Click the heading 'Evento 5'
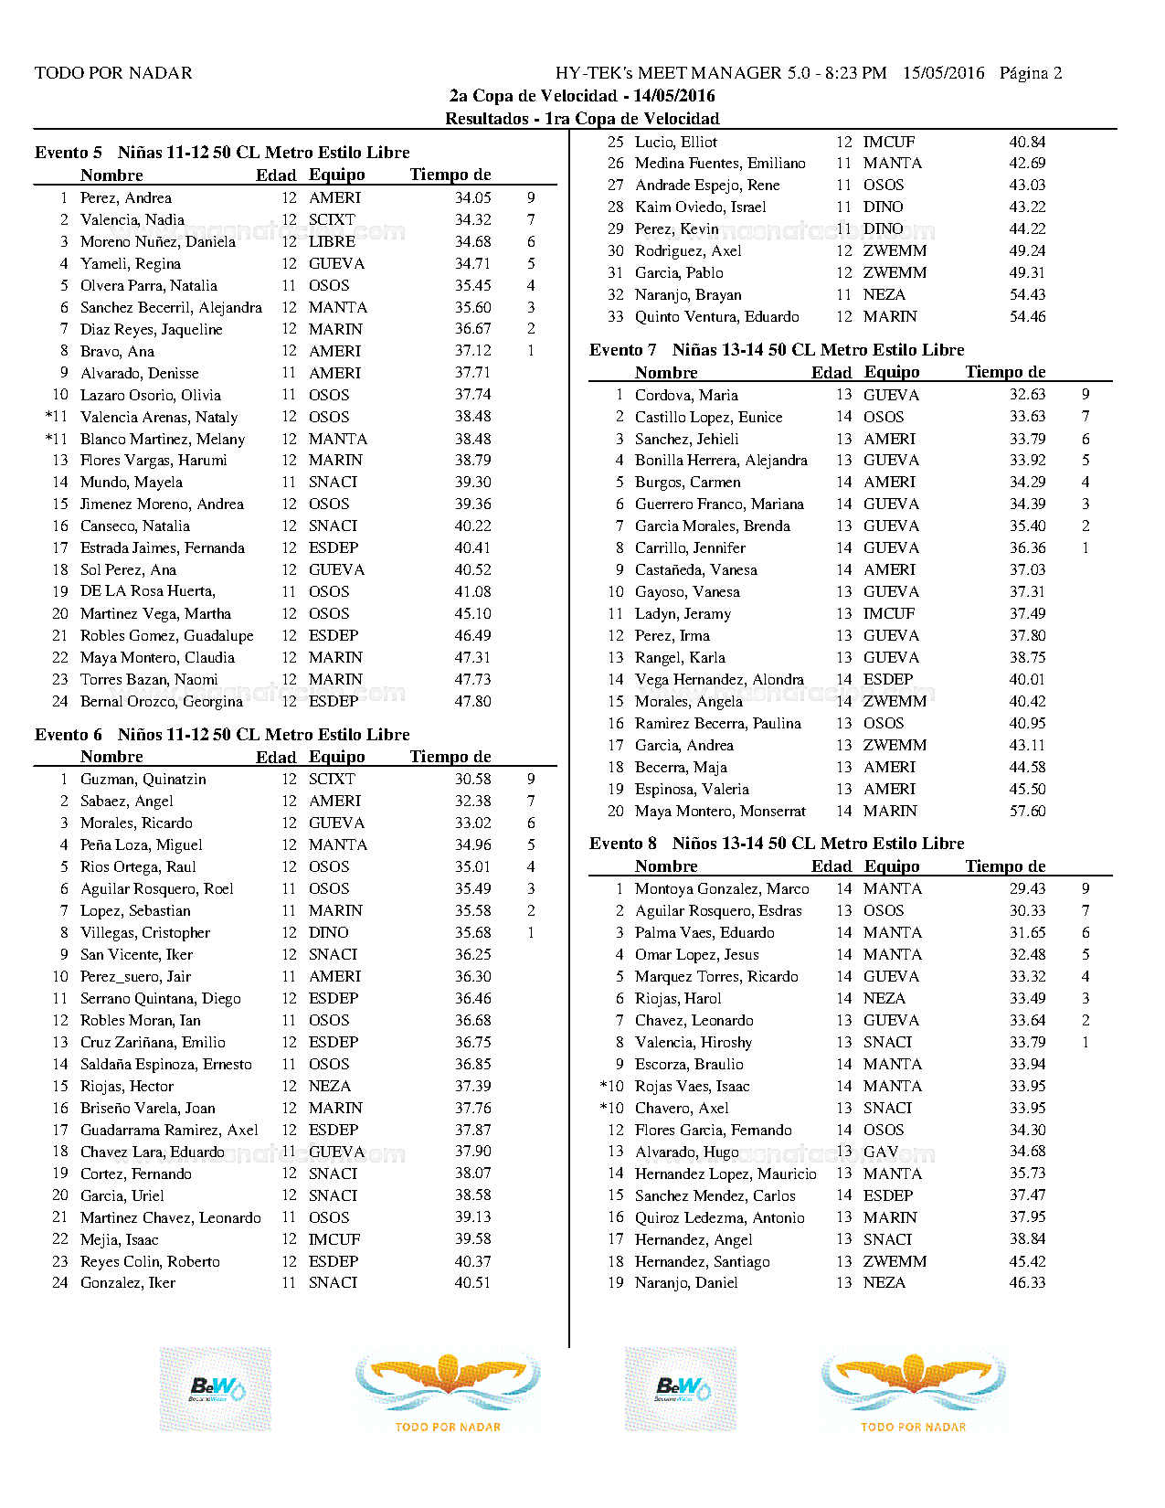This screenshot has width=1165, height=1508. pyautogui.click(x=69, y=153)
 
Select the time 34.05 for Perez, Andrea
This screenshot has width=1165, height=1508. pyautogui.click(x=472, y=197)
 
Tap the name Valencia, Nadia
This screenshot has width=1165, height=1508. pyautogui.click(x=132, y=219)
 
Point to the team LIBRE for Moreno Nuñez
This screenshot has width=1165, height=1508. pyautogui.click(x=332, y=241)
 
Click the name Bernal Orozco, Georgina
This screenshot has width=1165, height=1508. pyautogui.click(x=162, y=701)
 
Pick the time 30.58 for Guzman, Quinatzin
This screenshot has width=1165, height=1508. pyautogui.click(x=472, y=779)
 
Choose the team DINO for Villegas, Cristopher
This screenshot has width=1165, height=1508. pyautogui.click(x=328, y=932)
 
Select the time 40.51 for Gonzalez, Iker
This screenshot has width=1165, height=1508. pyautogui.click(x=472, y=1282)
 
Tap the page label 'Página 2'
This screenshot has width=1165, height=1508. pyautogui.click(x=1031, y=73)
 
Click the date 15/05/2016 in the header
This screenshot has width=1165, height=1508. pyautogui.click(x=944, y=73)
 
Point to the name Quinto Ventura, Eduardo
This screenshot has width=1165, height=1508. pyautogui.click(x=717, y=316)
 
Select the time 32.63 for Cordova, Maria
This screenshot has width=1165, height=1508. pyautogui.click(x=1027, y=395)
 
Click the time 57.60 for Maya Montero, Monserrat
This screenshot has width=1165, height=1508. pyautogui.click(x=1027, y=811)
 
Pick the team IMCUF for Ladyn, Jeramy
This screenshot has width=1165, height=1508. pyautogui.click(x=888, y=613)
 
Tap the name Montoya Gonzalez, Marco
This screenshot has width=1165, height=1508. pyautogui.click(x=722, y=888)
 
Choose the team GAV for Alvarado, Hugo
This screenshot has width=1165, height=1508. pyautogui.click(x=881, y=1152)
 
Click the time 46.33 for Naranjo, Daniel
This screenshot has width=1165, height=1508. pyautogui.click(x=1027, y=1282)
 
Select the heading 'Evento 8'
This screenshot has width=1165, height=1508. pyautogui.click(x=623, y=844)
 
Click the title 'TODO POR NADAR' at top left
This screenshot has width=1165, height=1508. pyautogui.click(x=113, y=73)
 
